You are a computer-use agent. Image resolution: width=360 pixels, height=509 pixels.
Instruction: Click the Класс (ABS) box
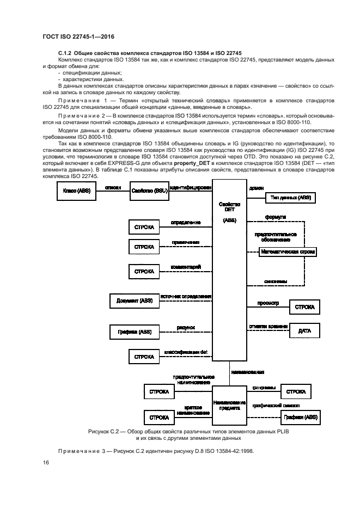pyautogui.click(x=76, y=191)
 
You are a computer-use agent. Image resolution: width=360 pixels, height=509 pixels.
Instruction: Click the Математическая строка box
pyautogui.click(x=288, y=253)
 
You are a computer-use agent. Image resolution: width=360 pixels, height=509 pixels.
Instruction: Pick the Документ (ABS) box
pyautogui.click(x=131, y=301)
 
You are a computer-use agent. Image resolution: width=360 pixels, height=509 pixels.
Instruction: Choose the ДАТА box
pyautogui.click(x=304, y=331)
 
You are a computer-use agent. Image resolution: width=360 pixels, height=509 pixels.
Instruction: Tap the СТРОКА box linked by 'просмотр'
pyautogui.click(x=304, y=307)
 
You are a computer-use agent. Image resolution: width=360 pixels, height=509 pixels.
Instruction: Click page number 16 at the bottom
pyautogui.click(x=46, y=463)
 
